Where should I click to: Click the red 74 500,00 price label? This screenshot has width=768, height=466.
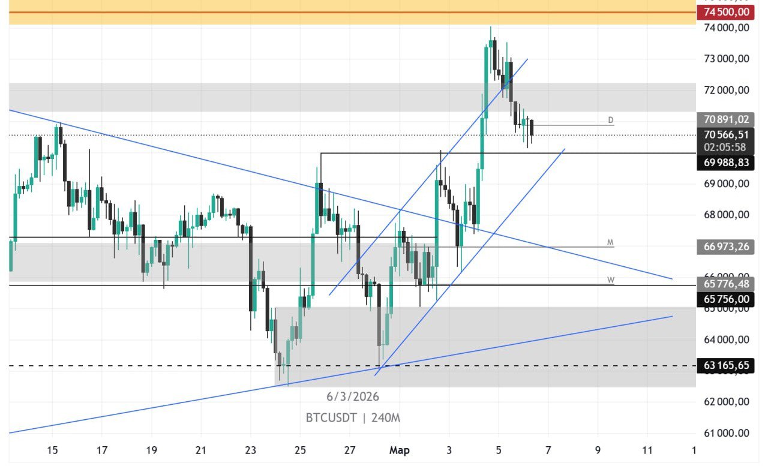tap(726, 12)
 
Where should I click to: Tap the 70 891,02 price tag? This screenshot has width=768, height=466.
tap(726, 119)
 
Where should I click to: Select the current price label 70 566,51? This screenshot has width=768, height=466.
tap(726, 135)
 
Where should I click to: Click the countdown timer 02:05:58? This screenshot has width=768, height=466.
tap(726, 147)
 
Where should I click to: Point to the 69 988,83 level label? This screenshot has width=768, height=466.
tap(726, 163)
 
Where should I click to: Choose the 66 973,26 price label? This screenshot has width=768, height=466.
tap(726, 246)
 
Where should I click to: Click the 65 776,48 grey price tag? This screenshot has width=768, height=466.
tap(726, 284)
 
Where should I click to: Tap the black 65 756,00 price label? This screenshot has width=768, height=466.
tap(726, 299)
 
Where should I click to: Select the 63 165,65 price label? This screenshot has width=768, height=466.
tap(726, 365)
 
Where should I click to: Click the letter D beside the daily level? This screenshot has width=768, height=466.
tap(611, 120)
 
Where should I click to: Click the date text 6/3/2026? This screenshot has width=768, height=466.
tap(353, 396)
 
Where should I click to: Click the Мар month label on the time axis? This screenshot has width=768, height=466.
tap(400, 450)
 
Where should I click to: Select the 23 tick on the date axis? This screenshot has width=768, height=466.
tap(251, 450)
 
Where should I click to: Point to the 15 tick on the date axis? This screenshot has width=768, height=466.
tap(52, 450)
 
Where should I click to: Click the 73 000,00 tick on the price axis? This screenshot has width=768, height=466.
tap(726, 59)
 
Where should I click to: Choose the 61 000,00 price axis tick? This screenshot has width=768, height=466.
tap(726, 433)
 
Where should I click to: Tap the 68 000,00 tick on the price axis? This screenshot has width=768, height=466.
tap(726, 215)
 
